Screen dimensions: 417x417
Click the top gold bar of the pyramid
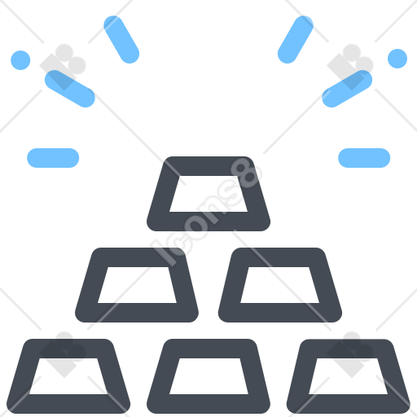click(x=208, y=166)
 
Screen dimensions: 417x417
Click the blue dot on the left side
click(x=20, y=60)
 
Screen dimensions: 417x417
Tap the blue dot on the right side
click(x=397, y=59)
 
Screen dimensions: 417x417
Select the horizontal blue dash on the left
click(x=53, y=158)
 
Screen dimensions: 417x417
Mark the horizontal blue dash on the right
click(x=364, y=158)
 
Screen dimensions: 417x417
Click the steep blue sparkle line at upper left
click(x=121, y=40)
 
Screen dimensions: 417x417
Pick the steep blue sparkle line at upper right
click(x=296, y=40)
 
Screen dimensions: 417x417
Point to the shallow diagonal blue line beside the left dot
click(x=70, y=89)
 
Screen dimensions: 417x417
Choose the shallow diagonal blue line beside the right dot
click(x=347, y=89)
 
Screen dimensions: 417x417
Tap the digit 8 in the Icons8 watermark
click(x=246, y=173)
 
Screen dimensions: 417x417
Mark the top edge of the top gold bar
click(x=208, y=166)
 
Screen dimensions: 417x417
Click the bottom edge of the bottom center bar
click(x=208, y=404)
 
